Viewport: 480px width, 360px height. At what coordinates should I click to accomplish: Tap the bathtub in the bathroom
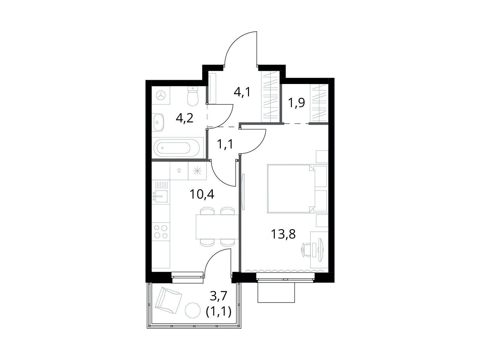pyautogui.click(x=176, y=148)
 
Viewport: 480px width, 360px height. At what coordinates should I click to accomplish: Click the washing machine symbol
pyautogui.click(x=161, y=95)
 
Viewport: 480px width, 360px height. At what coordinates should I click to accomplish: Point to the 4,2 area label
pyautogui.click(x=184, y=118)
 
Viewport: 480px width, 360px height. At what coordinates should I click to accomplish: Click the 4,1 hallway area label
pyautogui.click(x=242, y=92)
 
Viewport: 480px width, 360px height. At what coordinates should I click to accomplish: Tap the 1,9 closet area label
pyautogui.click(x=296, y=103)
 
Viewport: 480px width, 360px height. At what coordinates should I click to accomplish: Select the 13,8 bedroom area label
pyautogui.click(x=283, y=234)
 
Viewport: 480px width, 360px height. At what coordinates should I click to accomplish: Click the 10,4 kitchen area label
pyautogui.click(x=202, y=194)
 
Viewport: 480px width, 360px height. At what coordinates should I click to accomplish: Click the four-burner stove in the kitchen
pyautogui.click(x=161, y=232)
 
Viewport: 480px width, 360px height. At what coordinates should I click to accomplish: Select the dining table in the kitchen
pyautogui.click(x=217, y=227)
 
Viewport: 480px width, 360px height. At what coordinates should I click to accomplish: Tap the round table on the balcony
pyautogui.click(x=193, y=310)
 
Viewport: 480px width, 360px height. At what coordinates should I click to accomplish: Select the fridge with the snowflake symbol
pyautogui.click(x=197, y=171)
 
